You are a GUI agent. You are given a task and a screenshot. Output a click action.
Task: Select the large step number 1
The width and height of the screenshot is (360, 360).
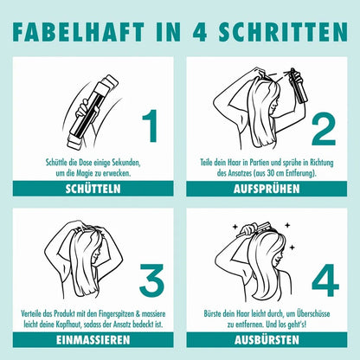[x=151, y=125]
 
